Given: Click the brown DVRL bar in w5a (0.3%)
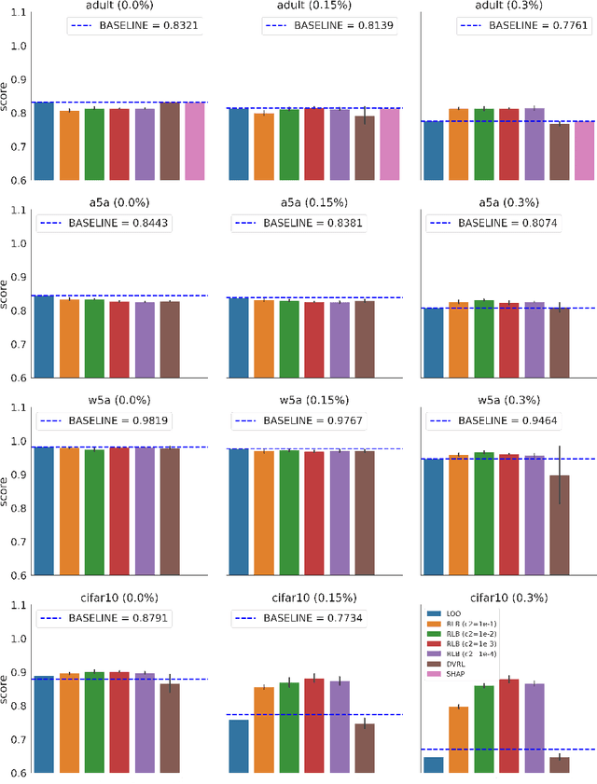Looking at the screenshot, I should pos(559,525).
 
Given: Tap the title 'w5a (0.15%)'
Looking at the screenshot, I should pos(313,401).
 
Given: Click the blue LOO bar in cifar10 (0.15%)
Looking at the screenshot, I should pos(239,746).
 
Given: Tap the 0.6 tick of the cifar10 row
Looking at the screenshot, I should pos(17,773).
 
